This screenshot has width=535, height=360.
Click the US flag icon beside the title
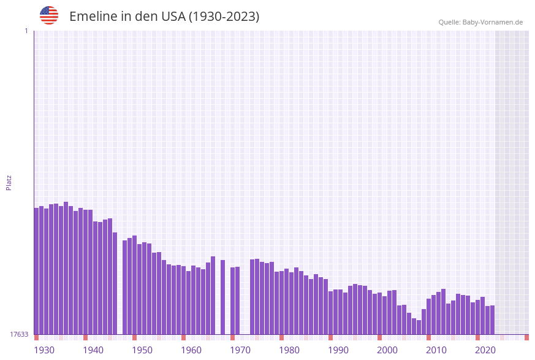pos(49,15)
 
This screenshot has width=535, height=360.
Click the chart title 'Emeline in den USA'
pos(164,17)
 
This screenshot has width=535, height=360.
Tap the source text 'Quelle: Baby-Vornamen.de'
pos(480,22)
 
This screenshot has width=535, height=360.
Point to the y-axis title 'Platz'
pos(9,182)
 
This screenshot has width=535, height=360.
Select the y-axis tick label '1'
pos(26,31)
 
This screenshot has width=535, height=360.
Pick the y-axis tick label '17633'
pos(19,334)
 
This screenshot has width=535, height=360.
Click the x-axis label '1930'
pos(44,350)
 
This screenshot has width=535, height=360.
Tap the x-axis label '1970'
pos(240,350)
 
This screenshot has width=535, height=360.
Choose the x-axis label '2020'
pos(485,350)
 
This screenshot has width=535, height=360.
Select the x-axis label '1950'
pos(142,350)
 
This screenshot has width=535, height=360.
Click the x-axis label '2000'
pos(387,350)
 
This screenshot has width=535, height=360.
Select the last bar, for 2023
pos(492,320)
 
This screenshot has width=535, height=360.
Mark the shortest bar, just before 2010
pos(419,327)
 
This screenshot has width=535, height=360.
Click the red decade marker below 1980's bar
pos(281,337)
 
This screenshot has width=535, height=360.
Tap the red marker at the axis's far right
pos(526,337)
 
